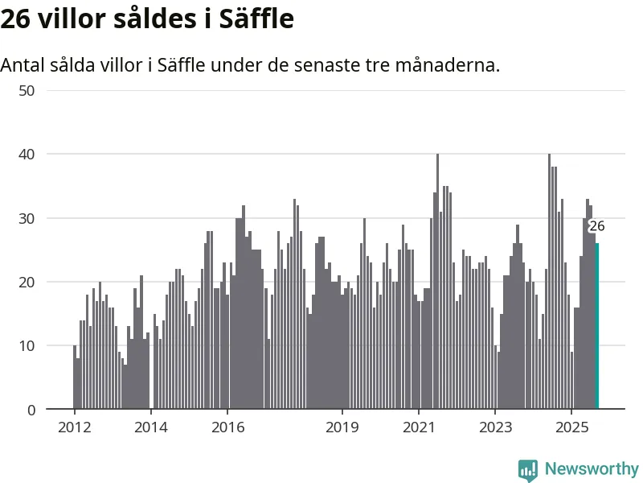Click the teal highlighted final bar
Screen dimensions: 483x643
[596, 326]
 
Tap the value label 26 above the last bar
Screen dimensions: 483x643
[596, 226]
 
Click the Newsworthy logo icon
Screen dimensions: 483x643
[528, 469]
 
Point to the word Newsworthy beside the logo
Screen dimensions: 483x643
[592, 469]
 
